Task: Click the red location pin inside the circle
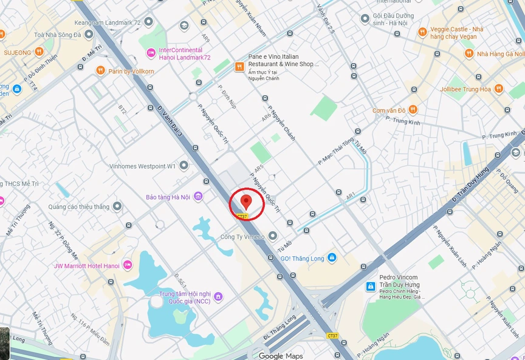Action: pos(245,201)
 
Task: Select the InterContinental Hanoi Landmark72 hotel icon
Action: pos(151,53)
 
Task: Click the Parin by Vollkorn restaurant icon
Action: pos(100,71)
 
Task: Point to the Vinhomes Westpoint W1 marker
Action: pos(184,165)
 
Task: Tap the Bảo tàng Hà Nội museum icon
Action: pos(198,197)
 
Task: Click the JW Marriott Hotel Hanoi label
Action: pos(87,265)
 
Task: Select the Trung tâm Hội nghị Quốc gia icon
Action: pos(218,297)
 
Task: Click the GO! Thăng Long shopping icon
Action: pos(332,257)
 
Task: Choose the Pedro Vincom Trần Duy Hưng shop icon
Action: pos(370,286)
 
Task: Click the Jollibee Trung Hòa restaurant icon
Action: pos(498,89)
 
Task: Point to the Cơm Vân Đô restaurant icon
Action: pos(413,110)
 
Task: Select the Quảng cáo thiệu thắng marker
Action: pos(117,206)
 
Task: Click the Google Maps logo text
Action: pos(281,356)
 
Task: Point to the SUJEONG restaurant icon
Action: pos(39,52)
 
